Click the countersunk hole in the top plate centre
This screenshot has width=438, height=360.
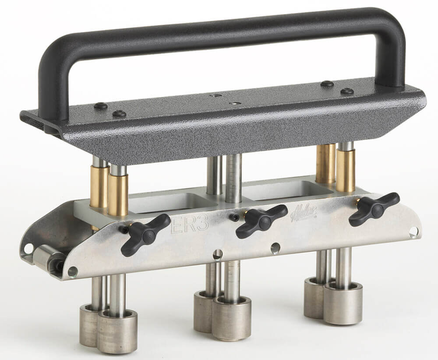tap(235, 103)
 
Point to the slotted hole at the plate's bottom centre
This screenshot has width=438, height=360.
tap(217, 254)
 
